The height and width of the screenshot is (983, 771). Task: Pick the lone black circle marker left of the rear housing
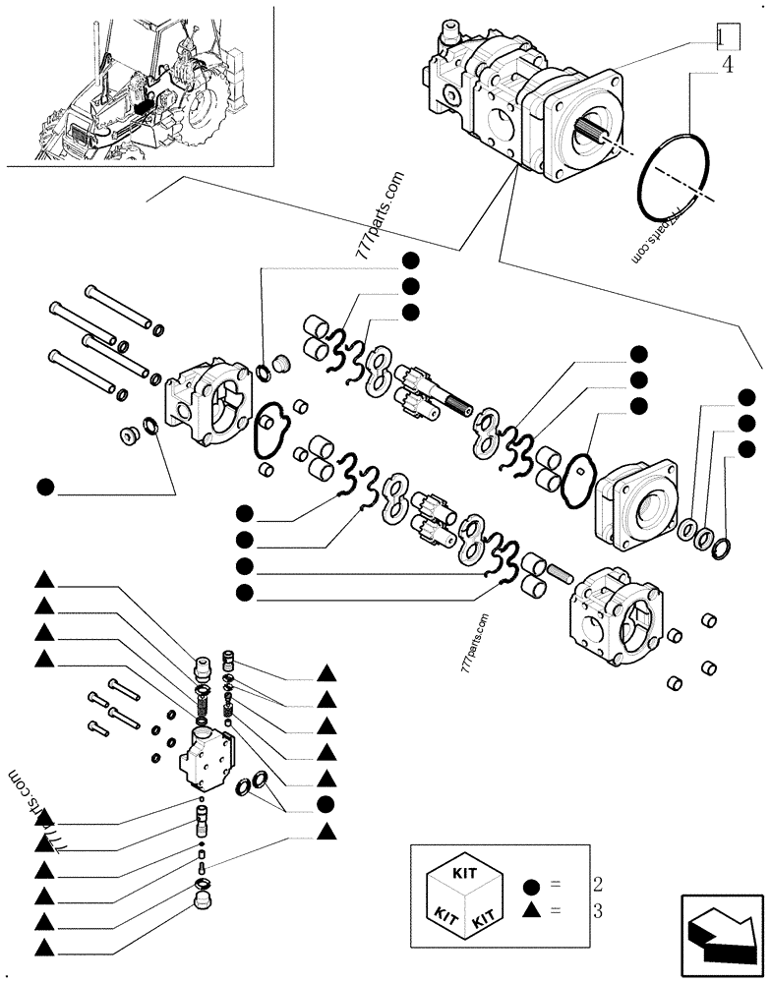coord(45,486)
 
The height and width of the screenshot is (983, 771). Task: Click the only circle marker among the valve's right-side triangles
coord(327,805)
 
